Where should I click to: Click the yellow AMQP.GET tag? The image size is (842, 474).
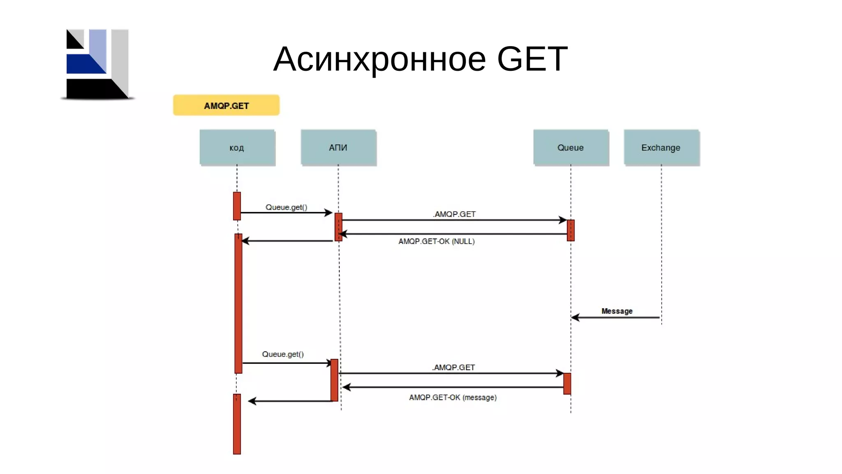pos(226,105)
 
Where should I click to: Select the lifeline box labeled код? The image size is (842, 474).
pos(237,147)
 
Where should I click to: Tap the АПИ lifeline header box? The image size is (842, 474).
pos(338,147)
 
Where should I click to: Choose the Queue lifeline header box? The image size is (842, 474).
pos(571,147)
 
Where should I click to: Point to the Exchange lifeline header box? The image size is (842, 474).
pos(661,147)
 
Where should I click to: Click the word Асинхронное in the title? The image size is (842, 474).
pos(379,59)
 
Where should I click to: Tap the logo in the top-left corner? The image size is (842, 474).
pos(98,64)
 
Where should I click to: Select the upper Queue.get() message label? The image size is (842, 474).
pos(286,207)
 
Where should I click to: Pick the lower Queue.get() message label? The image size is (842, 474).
pos(283,354)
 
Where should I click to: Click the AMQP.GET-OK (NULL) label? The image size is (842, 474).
pos(436,241)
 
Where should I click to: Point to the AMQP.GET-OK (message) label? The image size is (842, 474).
pos(453,397)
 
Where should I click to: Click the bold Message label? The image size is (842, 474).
pos(617,311)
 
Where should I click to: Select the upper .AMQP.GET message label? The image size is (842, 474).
pos(454,214)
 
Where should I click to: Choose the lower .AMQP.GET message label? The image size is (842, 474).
pos(453,367)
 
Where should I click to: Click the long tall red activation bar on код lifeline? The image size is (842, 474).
pos(238,303)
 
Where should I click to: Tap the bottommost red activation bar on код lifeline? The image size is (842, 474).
pos(237,424)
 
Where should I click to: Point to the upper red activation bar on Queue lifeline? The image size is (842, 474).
pos(571,230)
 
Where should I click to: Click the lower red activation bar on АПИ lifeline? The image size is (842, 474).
pos(334,380)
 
